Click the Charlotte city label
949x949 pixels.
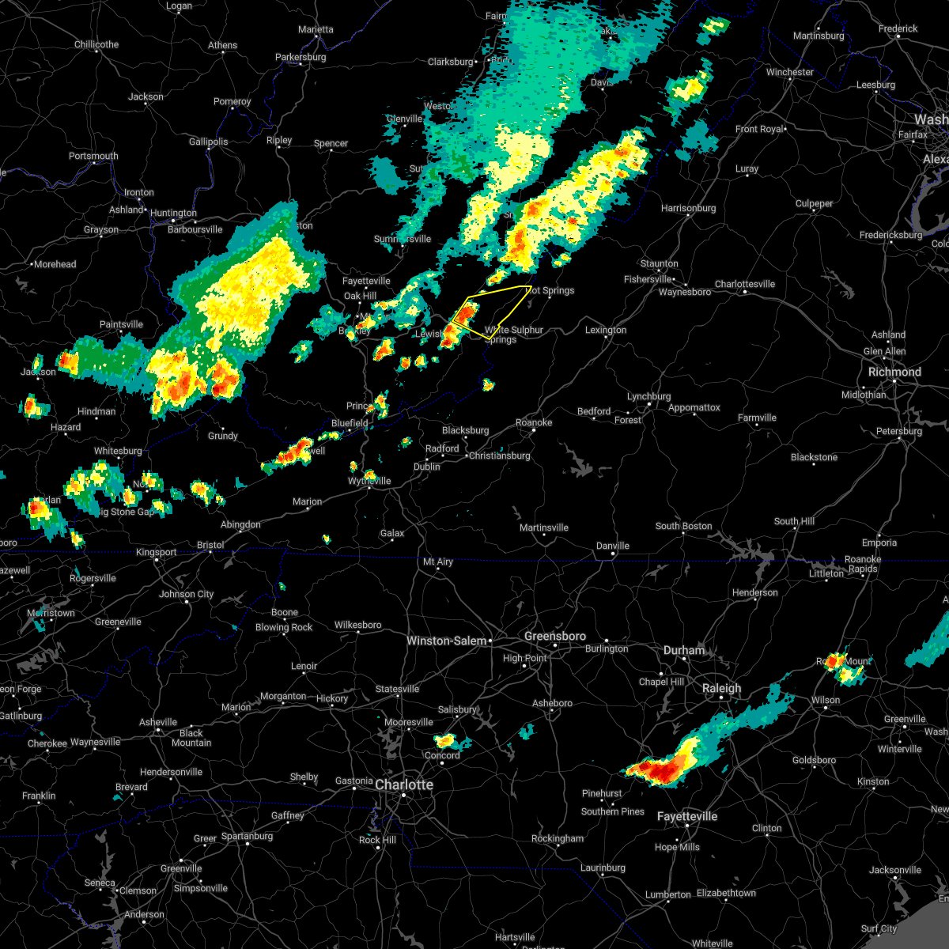(x=404, y=785)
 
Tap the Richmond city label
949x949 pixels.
(x=894, y=372)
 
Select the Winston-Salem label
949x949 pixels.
(x=446, y=641)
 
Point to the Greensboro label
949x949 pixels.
(x=555, y=637)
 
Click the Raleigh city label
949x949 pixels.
(x=722, y=688)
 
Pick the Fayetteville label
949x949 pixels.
(x=687, y=816)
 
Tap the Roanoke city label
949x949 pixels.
(x=534, y=422)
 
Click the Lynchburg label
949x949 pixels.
(x=648, y=396)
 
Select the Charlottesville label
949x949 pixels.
(x=745, y=284)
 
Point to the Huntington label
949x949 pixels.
(x=173, y=213)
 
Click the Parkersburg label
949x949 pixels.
(x=301, y=57)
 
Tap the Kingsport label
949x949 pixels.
(x=156, y=552)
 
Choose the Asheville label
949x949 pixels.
(x=158, y=722)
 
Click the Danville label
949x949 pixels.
(x=613, y=546)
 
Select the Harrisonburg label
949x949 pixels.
(x=688, y=208)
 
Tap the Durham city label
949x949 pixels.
(x=684, y=650)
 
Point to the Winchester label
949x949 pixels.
(x=789, y=72)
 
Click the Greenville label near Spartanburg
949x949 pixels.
(x=181, y=868)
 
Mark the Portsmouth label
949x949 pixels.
(x=93, y=156)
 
